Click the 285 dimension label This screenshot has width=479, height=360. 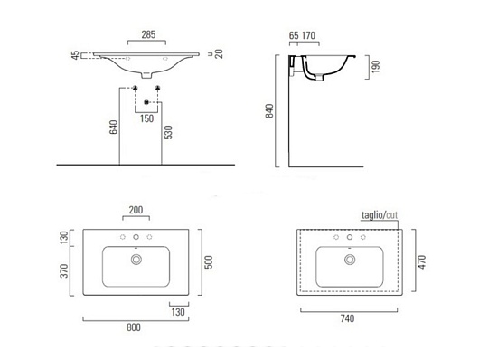[148, 34]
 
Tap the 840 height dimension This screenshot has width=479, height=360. [269, 111]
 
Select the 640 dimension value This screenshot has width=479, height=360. [113, 128]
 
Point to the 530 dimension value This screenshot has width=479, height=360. [169, 132]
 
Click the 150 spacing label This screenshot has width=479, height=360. [147, 118]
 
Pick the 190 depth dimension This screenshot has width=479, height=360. [376, 66]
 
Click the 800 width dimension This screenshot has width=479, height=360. [134, 327]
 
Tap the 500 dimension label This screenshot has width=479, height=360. [209, 262]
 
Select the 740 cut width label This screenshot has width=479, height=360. [347, 318]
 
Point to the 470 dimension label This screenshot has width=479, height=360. [422, 262]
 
